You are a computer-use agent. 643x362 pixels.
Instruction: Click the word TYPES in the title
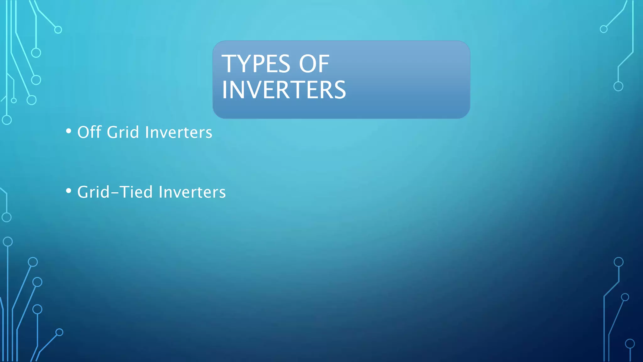256,64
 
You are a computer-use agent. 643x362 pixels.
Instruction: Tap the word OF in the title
314,64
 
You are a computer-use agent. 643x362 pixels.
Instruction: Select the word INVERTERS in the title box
284,90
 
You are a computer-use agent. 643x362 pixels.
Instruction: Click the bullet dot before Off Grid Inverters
68,131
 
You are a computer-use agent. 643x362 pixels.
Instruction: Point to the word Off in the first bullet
89,132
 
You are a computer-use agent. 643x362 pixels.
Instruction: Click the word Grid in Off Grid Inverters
123,132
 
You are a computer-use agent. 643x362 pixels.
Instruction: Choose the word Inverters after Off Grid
179,132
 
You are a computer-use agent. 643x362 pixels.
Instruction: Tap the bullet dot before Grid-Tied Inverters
68,191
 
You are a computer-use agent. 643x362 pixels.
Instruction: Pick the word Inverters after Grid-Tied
192,192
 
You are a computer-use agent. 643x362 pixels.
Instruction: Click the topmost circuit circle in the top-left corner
58,30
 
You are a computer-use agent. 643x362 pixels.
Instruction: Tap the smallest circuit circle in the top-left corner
14,101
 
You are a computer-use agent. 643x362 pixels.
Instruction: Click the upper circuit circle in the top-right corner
603,29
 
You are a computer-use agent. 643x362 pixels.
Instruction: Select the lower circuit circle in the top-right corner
618,86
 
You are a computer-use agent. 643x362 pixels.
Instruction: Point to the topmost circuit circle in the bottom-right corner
619,262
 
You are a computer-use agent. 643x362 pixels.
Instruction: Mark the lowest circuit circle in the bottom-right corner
630,344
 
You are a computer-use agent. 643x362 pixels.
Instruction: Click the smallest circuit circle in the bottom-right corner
625,297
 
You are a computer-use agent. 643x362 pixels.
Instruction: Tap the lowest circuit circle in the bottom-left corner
59,332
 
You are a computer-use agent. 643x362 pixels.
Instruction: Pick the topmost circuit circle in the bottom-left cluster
8,242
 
